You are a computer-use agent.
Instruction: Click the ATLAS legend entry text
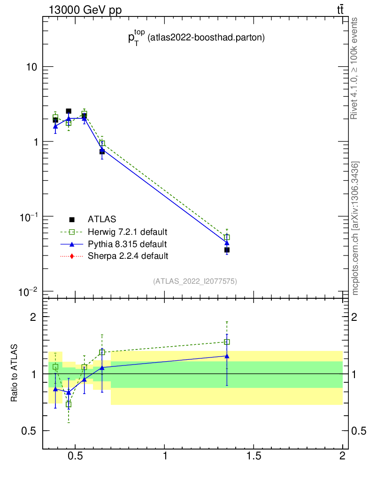coord(102,219)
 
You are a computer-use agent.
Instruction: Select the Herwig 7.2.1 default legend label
coord(128,232)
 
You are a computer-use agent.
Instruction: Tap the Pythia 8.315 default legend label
coord(127,244)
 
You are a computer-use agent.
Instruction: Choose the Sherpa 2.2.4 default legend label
coord(128,256)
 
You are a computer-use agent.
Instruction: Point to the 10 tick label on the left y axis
coord(31,67)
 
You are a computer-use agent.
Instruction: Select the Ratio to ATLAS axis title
coord(15,373)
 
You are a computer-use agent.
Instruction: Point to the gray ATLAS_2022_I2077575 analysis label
coord(195,281)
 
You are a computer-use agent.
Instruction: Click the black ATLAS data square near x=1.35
coord(227,250)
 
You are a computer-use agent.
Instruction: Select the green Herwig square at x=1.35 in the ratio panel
coord(227,342)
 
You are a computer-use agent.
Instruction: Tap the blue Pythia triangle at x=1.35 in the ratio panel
coord(227,356)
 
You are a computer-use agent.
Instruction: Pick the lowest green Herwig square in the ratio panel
coord(69,404)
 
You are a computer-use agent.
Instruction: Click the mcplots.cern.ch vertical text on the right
coord(355,228)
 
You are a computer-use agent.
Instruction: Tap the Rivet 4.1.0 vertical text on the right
coord(355,69)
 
